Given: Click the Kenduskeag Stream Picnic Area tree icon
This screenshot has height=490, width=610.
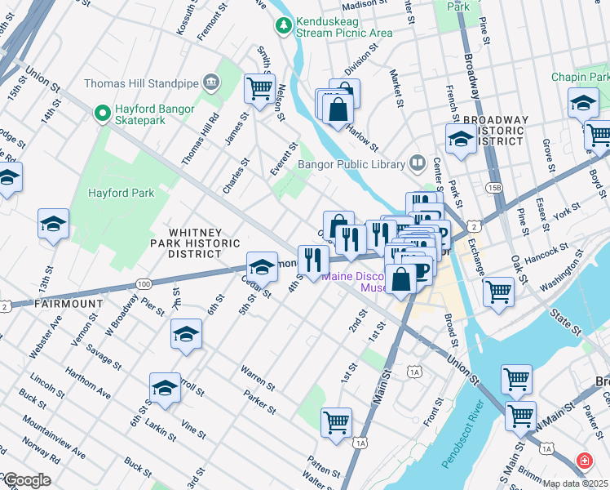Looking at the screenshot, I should (283, 26).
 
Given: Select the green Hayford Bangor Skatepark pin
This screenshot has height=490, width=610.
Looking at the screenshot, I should (103, 114).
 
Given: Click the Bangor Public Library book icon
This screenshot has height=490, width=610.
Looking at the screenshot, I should (418, 163).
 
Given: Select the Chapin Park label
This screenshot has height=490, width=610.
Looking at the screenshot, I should (581, 77).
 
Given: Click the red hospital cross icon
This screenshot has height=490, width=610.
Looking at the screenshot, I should (584, 461).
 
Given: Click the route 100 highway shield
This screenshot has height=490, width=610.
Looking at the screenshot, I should (144, 284).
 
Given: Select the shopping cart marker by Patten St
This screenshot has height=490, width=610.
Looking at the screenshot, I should (336, 422).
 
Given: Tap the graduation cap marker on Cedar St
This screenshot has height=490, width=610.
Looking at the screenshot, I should (262, 265).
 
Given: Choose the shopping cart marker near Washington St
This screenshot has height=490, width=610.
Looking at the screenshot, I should (497, 291).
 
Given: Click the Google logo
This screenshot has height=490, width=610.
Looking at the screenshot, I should (26, 481).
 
